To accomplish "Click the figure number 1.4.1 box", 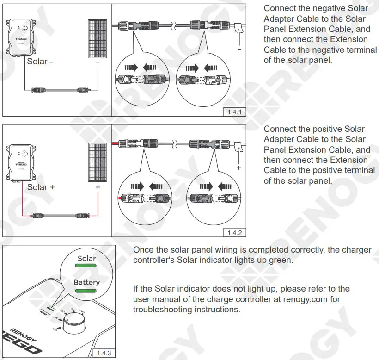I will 235,112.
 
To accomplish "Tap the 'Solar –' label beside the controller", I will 41,61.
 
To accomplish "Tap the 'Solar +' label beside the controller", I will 41,187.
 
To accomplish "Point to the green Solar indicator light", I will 86,267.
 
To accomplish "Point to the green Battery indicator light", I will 86,291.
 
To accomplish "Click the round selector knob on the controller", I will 73,326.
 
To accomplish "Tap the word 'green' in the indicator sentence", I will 281,260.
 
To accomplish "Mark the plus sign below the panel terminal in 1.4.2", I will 238,168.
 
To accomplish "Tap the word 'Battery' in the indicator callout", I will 86,282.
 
